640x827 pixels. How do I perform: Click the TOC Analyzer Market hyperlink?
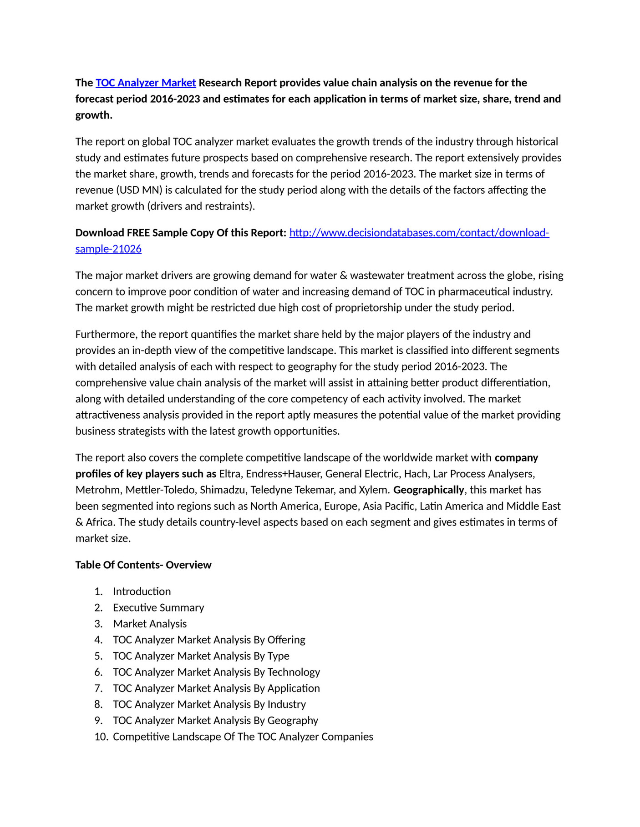click(x=146, y=83)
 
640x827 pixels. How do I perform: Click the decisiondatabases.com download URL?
click(x=419, y=233)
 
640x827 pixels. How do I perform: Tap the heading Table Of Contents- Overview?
click(x=143, y=565)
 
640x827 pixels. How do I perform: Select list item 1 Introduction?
click(x=142, y=591)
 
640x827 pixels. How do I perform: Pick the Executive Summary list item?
click(x=158, y=608)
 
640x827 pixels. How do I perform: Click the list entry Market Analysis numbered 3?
click(x=150, y=624)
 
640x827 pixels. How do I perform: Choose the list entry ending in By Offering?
click(x=209, y=640)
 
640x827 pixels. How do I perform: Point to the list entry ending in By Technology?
click(x=216, y=672)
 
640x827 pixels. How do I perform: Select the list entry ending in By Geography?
click(x=215, y=721)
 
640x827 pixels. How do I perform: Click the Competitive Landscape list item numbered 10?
click(x=243, y=737)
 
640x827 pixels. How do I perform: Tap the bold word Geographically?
click(x=428, y=490)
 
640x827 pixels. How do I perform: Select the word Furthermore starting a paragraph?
click(x=106, y=335)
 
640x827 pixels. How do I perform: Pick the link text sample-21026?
click(x=108, y=249)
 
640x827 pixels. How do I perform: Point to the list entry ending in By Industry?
click(x=209, y=705)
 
